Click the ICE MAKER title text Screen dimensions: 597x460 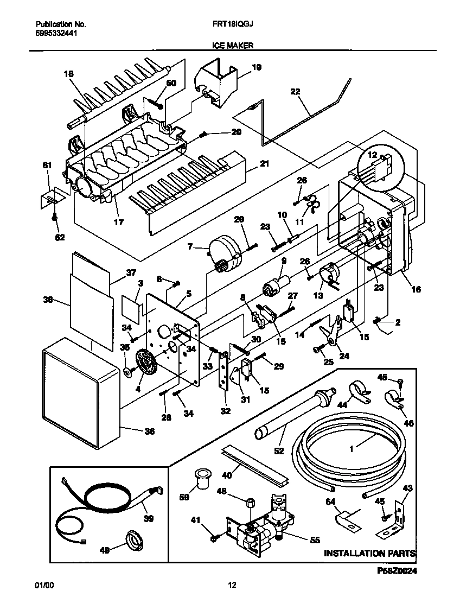click(x=232, y=47)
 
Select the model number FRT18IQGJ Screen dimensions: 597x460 click(x=232, y=24)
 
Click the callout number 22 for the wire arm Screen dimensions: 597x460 click(x=295, y=92)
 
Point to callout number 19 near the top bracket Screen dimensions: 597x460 click(x=257, y=67)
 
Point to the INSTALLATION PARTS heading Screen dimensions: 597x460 click(x=370, y=553)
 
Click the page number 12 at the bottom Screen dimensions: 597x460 click(x=232, y=585)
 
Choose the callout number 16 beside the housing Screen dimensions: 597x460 click(x=416, y=289)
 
